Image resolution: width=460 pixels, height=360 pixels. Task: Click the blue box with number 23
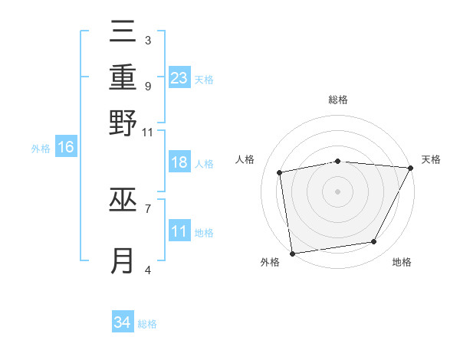(x=179, y=78)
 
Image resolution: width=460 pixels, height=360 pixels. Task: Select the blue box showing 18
(x=179, y=162)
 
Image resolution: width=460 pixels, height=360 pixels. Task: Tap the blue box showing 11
(x=179, y=231)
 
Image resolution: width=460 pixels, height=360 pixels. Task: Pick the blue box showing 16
(x=66, y=148)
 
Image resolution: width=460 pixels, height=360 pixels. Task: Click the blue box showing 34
(x=123, y=322)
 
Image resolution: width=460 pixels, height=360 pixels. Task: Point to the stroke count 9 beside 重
(x=147, y=86)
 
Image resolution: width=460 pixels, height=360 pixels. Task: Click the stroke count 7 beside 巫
(x=147, y=208)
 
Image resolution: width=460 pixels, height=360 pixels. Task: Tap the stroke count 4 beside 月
(x=147, y=269)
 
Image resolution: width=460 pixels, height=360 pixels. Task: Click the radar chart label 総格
(x=338, y=100)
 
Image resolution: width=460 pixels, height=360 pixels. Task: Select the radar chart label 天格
(x=431, y=159)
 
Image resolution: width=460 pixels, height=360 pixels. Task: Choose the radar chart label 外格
(x=270, y=262)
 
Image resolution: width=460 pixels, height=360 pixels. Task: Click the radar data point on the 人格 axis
(x=280, y=172)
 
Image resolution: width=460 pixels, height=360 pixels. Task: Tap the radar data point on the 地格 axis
(x=374, y=242)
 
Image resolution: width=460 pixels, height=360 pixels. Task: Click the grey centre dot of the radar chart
(x=338, y=191)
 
